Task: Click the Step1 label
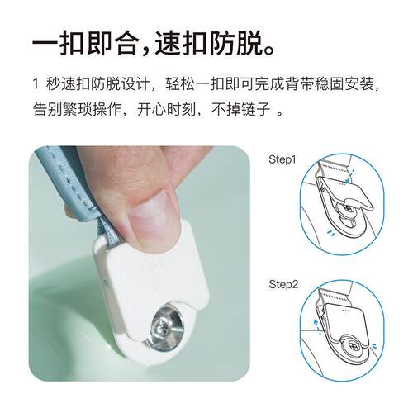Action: click(x=282, y=159)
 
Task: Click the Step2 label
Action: click(x=283, y=284)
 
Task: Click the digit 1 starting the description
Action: click(x=36, y=84)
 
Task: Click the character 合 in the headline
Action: click(x=126, y=44)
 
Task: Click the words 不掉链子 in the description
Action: click(x=240, y=109)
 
